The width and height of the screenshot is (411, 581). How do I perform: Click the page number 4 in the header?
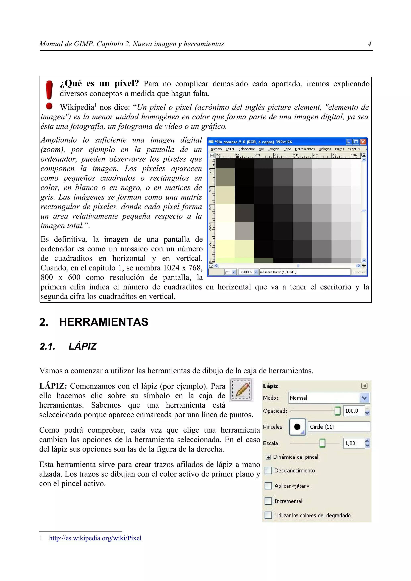[x=369, y=44]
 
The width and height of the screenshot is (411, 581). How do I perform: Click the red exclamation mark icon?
[x=49, y=94]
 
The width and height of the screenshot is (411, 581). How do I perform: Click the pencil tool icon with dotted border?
[x=241, y=390]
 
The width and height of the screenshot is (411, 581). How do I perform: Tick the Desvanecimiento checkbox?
[x=268, y=470]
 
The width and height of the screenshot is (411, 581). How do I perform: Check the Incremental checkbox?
[x=268, y=501]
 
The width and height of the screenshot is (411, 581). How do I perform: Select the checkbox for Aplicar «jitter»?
[x=268, y=486]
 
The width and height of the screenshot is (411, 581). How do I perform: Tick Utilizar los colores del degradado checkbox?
[x=268, y=515]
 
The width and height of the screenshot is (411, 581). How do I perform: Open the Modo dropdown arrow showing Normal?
[x=364, y=398]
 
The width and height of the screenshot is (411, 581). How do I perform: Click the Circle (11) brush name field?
[x=339, y=427]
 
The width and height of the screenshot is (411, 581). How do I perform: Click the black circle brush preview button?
[x=297, y=427]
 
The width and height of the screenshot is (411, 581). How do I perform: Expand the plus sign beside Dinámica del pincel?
[x=268, y=457]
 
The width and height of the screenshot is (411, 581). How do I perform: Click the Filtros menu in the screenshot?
[x=339, y=149]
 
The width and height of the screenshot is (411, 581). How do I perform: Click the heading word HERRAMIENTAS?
[x=104, y=322]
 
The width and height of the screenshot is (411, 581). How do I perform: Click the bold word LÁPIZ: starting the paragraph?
[x=53, y=386]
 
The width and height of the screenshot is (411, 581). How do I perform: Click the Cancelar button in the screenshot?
[x=359, y=272]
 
